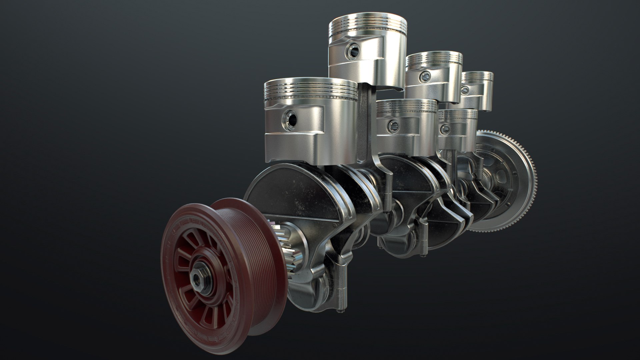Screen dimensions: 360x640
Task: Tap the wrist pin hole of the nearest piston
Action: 289,118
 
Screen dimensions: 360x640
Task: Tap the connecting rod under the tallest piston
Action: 365,127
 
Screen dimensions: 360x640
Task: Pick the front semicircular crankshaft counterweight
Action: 287,187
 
